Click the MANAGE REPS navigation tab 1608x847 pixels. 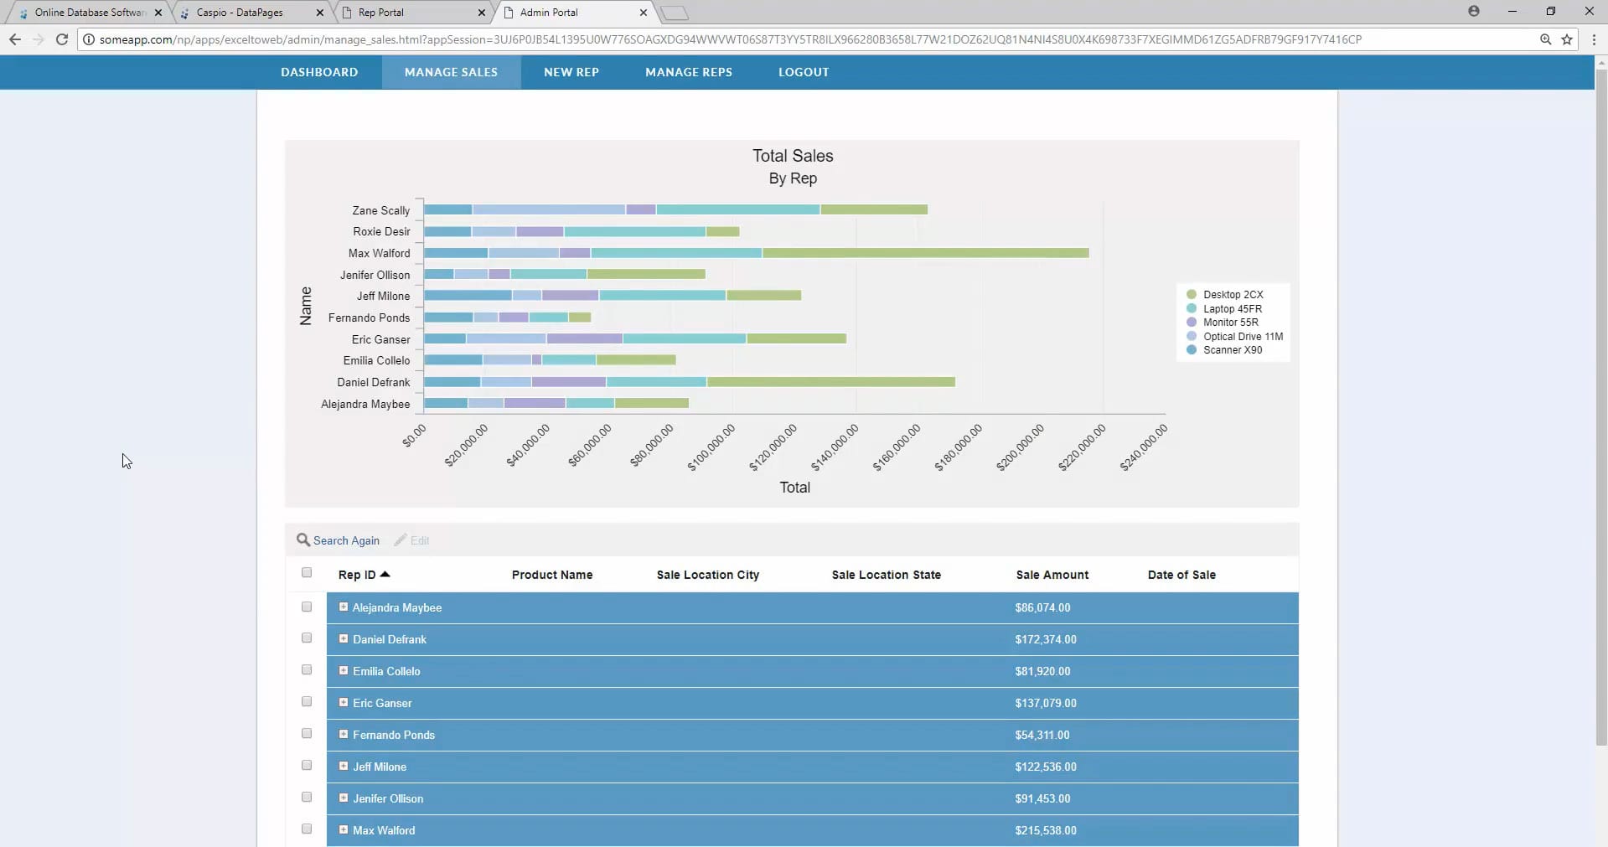(688, 72)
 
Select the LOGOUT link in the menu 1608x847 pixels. (803, 72)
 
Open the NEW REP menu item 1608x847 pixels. (571, 72)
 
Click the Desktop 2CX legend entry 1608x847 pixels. (1232, 295)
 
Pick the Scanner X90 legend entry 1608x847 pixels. (1232, 350)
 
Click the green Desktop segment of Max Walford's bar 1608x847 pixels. (925, 253)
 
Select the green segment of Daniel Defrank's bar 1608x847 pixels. (830, 382)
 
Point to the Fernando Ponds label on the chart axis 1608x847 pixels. (369, 318)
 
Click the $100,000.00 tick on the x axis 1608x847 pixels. (711, 447)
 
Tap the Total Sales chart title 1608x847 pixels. (793, 156)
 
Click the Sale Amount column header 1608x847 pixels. (1052, 575)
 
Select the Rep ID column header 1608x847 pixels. (357, 575)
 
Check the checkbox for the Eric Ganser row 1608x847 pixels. (307, 702)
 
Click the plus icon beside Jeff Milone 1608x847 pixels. (344, 766)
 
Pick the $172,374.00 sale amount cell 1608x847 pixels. (1045, 639)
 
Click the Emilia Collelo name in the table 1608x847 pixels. (386, 671)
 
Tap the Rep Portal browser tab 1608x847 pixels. (381, 13)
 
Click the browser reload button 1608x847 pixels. (62, 39)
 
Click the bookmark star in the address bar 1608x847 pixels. (1567, 39)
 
